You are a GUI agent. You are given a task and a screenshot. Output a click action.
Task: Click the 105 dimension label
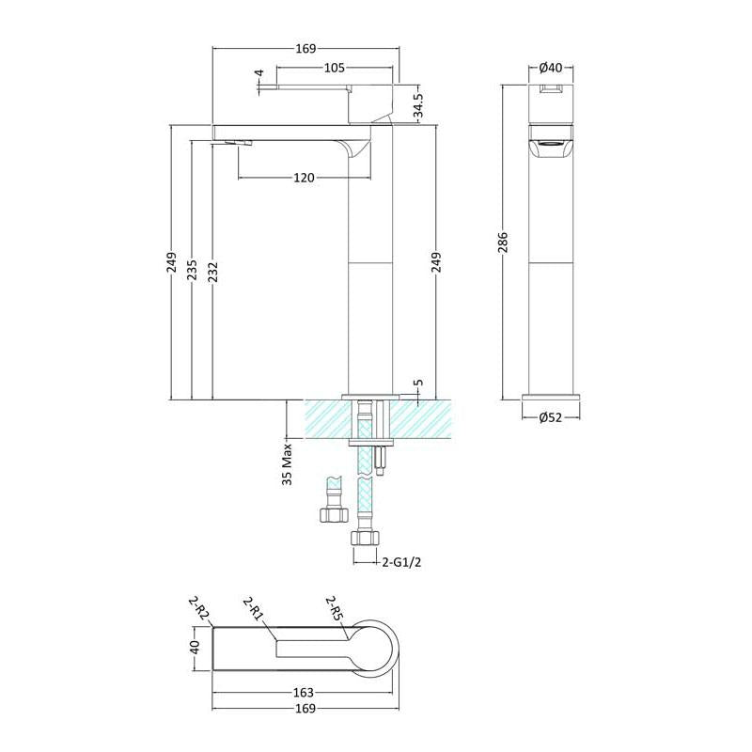(335, 68)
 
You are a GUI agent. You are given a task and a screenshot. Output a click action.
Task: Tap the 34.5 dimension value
(418, 106)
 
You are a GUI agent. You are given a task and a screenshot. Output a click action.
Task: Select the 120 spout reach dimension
(304, 178)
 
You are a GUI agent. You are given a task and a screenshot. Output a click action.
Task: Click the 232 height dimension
(212, 272)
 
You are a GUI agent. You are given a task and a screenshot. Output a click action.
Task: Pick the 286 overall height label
(502, 243)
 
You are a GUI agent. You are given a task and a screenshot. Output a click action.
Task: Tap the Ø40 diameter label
(551, 68)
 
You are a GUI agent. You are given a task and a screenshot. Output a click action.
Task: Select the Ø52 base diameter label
(551, 417)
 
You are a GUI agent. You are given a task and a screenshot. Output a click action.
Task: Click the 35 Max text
(287, 464)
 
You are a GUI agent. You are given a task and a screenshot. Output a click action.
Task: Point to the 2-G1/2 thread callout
(402, 562)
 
